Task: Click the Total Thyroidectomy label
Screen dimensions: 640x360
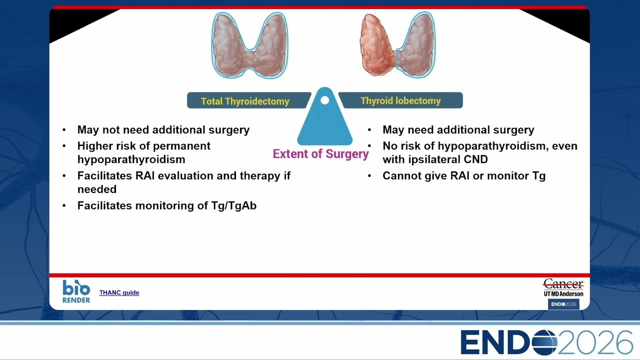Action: [x=245, y=101]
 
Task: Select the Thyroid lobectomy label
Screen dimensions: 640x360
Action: [x=400, y=100]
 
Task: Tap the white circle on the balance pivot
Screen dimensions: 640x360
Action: [x=325, y=100]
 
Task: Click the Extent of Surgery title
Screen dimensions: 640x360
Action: [x=320, y=153]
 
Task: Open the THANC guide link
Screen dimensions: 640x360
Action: [x=119, y=292]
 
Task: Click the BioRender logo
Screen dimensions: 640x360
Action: [x=76, y=291]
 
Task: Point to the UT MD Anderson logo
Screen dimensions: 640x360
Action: [x=563, y=287]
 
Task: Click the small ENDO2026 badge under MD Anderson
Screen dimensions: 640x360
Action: [x=563, y=304]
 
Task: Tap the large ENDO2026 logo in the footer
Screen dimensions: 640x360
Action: [x=547, y=342]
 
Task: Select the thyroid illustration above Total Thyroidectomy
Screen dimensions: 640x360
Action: [x=249, y=45]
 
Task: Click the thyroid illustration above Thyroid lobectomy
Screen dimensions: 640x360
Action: [x=397, y=44]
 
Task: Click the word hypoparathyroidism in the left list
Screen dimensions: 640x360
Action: [x=131, y=159]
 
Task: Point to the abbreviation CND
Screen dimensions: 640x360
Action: [x=475, y=159]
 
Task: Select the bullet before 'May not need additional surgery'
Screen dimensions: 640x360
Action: [x=64, y=130]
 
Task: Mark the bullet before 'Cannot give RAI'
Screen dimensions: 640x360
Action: [x=369, y=176]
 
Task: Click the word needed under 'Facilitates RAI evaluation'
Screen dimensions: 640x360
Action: [x=97, y=189]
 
